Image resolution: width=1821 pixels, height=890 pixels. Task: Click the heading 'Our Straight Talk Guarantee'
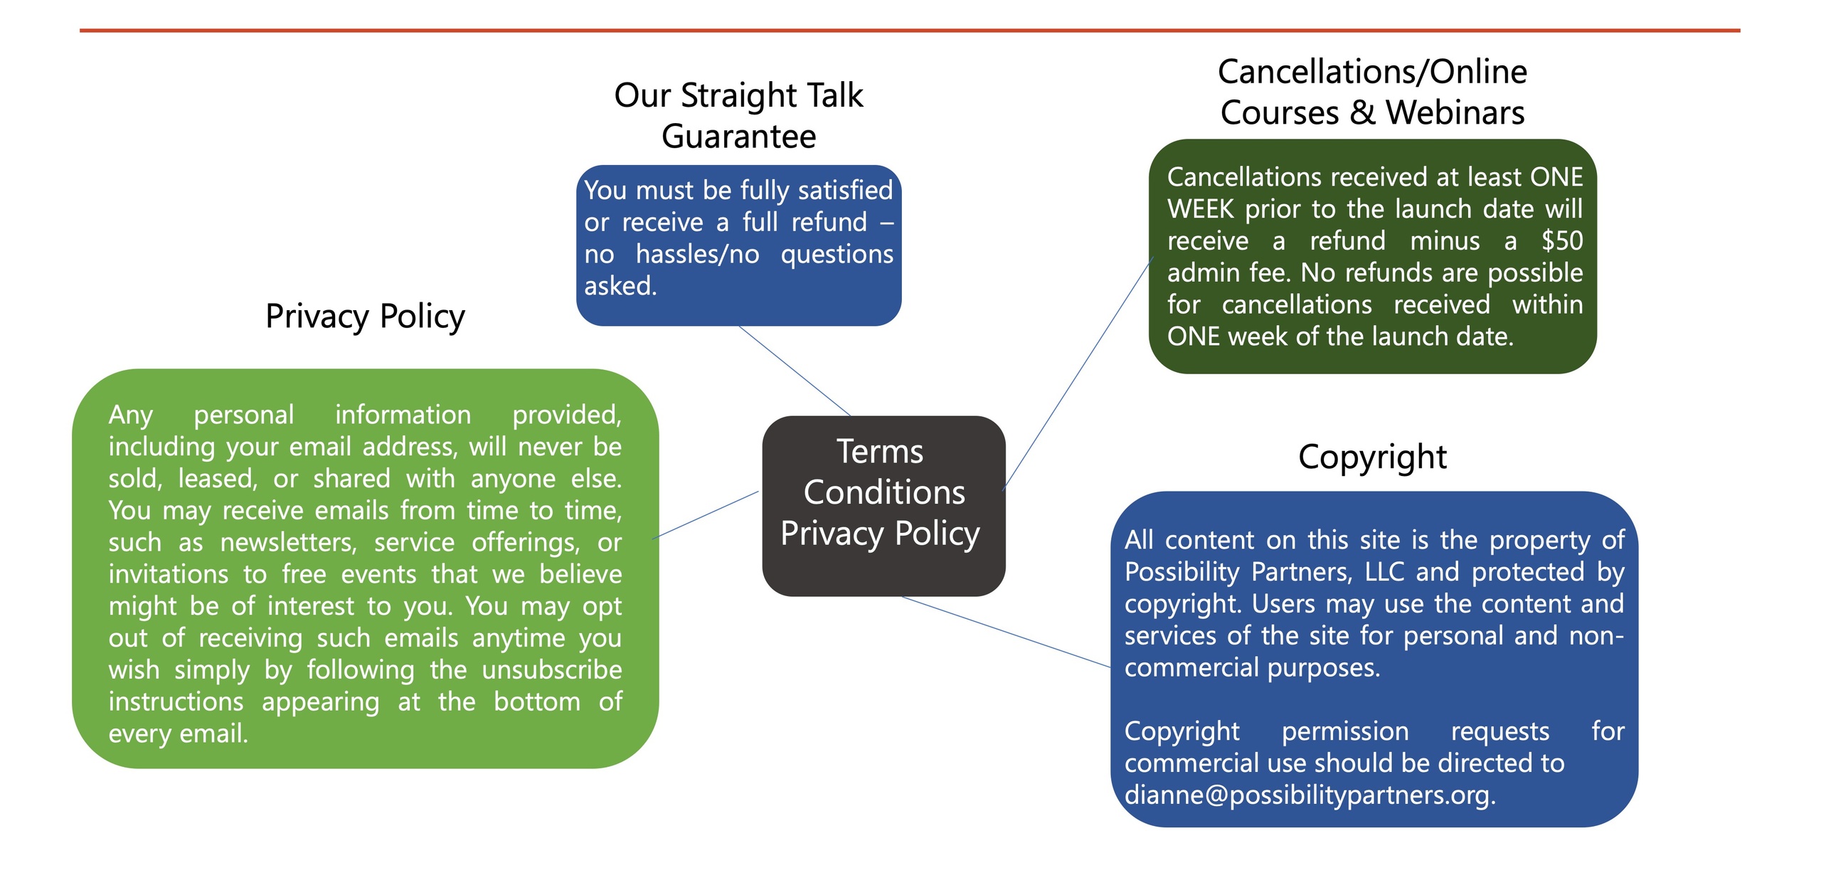click(738, 115)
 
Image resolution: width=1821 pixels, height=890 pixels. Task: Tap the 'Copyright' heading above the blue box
click(1371, 457)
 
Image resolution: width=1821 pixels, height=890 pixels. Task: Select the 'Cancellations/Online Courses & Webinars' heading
click(1371, 92)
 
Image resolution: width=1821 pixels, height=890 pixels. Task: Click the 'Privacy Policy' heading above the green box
click(365, 316)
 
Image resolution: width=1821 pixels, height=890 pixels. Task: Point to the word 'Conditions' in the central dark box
click(884, 492)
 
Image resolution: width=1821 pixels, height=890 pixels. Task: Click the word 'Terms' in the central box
click(880, 452)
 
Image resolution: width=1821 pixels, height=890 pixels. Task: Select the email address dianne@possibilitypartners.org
click(1308, 795)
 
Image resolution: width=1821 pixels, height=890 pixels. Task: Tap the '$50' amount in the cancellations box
click(1561, 240)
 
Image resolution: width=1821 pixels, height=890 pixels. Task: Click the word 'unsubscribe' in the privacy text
click(551, 669)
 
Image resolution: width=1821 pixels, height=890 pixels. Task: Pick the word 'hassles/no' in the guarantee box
click(697, 254)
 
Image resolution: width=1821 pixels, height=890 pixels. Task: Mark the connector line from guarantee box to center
click(795, 371)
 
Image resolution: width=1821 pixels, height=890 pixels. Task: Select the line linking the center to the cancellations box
click(1076, 375)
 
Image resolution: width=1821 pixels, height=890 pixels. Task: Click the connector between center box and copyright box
click(1007, 632)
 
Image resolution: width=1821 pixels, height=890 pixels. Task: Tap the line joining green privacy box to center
click(706, 514)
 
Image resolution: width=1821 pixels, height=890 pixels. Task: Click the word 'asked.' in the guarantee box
click(620, 286)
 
